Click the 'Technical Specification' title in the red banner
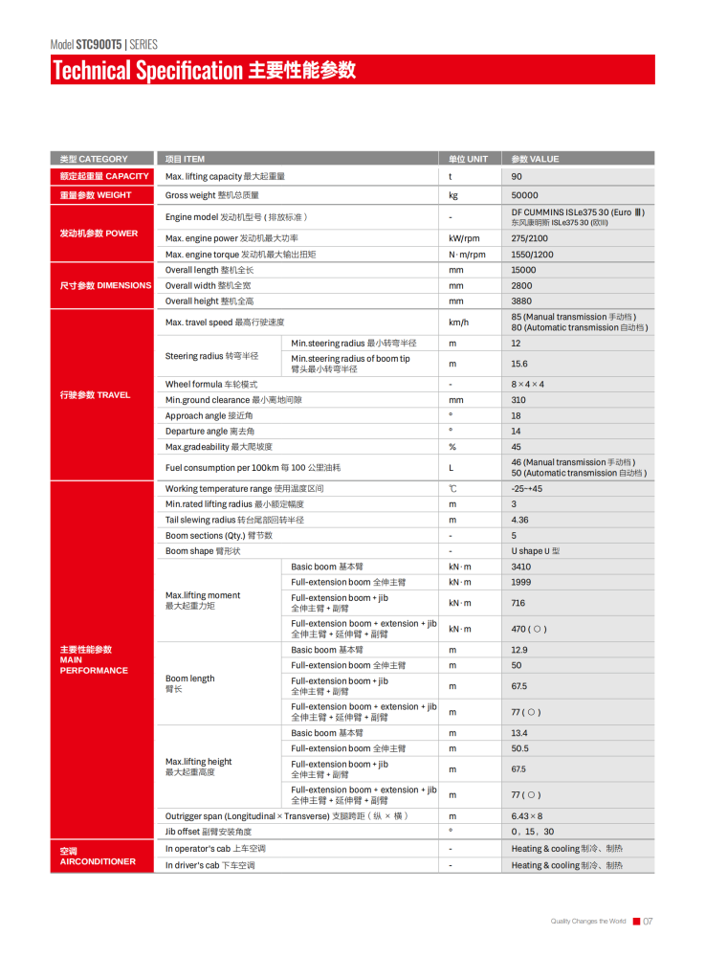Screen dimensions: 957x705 tap(148, 71)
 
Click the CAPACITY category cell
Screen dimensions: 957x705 tap(104, 176)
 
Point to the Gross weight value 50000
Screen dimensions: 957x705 tap(524, 195)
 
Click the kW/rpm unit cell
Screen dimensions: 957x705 tap(464, 238)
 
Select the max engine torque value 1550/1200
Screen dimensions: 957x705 tap(531, 255)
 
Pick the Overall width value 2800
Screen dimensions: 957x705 tap(521, 285)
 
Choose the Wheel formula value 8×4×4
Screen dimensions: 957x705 tap(527, 384)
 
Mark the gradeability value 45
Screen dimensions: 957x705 tap(517, 447)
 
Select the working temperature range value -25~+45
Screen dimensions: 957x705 tap(527, 489)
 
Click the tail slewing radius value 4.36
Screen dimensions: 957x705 tap(519, 520)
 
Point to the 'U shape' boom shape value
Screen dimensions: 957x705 tap(535, 551)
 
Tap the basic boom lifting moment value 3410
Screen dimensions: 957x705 tap(520, 567)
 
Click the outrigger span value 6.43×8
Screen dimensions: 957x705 tap(527, 816)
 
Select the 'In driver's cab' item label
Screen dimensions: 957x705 tap(209, 865)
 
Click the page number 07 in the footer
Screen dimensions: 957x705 tap(648, 922)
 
